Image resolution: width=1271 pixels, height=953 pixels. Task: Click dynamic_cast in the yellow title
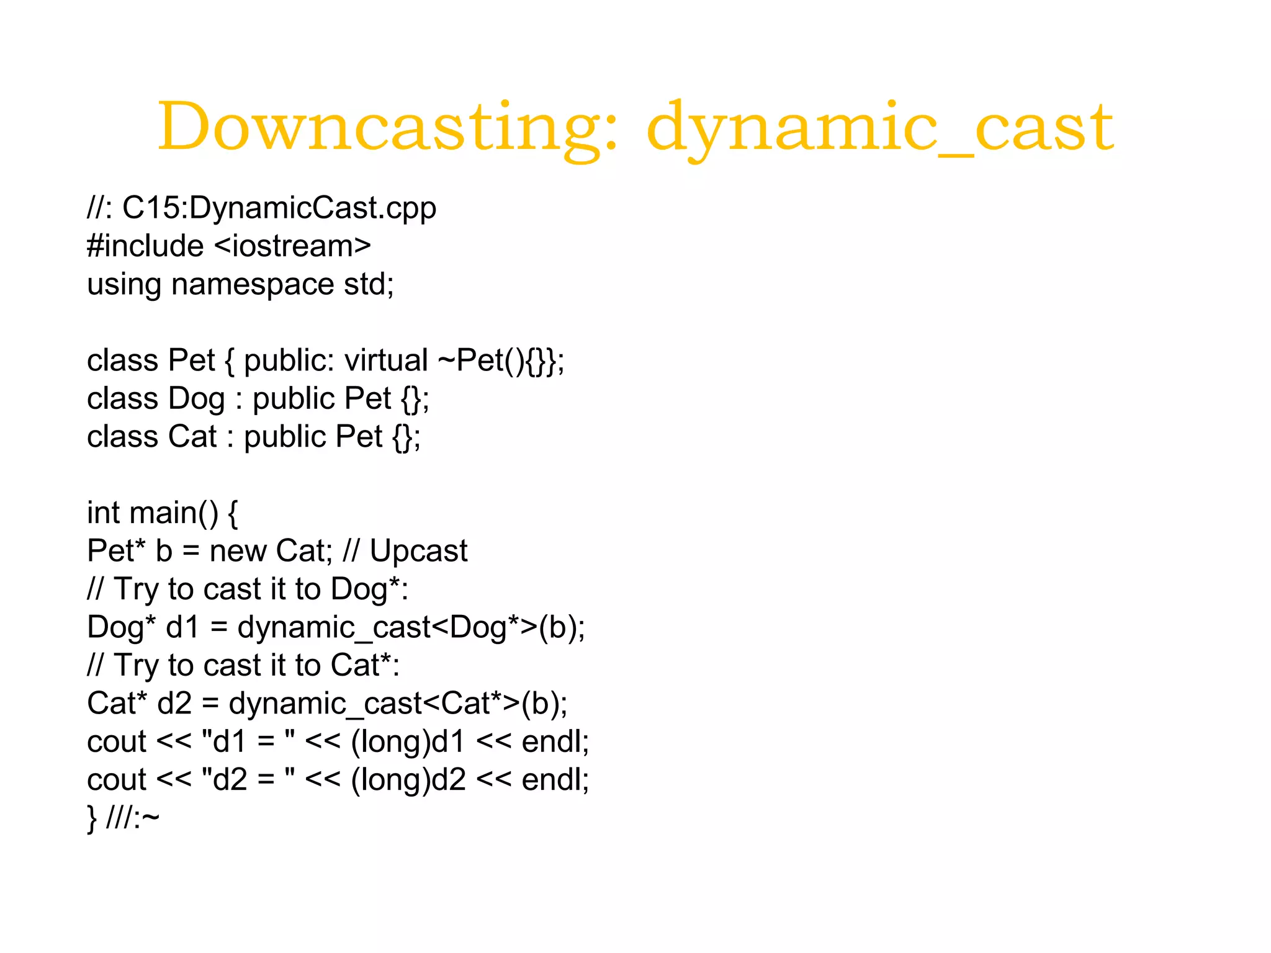point(880,127)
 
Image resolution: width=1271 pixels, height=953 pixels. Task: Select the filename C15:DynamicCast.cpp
point(279,208)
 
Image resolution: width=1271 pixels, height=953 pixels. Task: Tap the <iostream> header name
point(292,246)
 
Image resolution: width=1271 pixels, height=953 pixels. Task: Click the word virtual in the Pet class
point(386,360)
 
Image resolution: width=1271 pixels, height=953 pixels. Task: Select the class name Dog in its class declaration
point(196,399)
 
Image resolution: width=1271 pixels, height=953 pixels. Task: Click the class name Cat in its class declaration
point(192,437)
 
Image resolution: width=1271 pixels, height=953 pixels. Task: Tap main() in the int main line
point(174,513)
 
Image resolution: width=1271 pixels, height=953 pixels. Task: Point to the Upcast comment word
point(418,551)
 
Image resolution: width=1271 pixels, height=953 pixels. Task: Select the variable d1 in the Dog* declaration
point(182,627)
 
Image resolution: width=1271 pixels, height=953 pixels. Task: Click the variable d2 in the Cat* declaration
point(174,704)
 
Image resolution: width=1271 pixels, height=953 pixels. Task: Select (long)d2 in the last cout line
point(408,780)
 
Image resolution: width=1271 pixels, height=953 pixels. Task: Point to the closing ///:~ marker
point(132,818)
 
